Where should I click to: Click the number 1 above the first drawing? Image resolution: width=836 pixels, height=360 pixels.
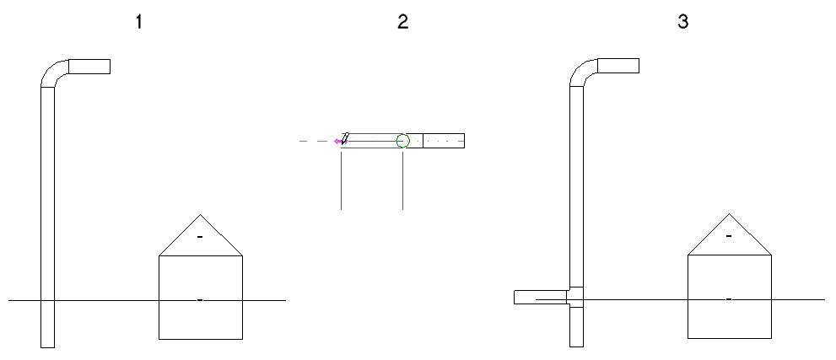[x=138, y=22]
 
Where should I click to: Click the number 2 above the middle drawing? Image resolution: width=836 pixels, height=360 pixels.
[x=402, y=22]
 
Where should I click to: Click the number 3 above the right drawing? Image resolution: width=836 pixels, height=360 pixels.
[x=682, y=22]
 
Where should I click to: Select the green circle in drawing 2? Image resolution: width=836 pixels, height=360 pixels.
[x=402, y=141]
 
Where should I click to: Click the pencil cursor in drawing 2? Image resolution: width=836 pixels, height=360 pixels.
[x=345, y=138]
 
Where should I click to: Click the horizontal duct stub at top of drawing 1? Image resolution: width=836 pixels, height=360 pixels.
[x=89, y=67]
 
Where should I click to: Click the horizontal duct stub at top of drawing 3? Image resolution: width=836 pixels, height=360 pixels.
[x=618, y=66]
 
